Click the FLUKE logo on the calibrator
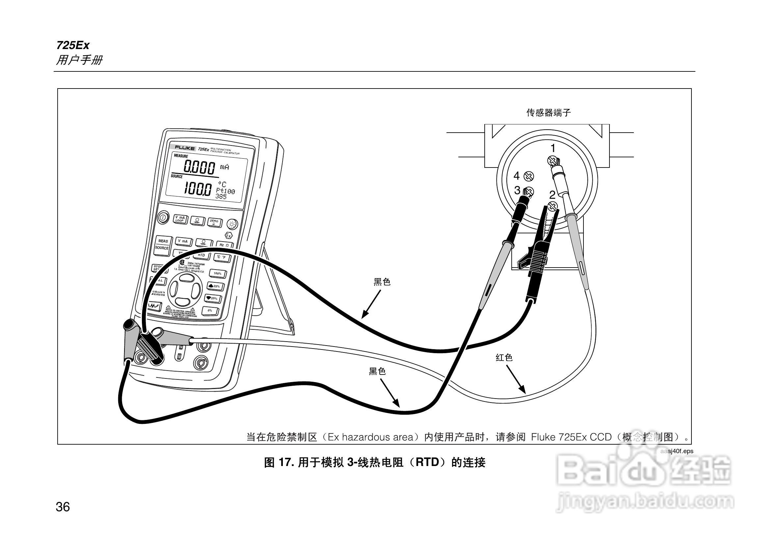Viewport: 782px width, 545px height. click(185, 148)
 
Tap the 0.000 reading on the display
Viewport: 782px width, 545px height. click(199, 167)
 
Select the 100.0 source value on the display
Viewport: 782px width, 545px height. click(198, 188)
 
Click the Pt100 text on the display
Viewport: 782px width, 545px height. click(226, 191)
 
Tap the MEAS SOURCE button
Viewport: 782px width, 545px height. click(162, 245)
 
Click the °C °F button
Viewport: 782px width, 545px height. click(222, 257)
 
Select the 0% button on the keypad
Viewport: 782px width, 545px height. click(210, 310)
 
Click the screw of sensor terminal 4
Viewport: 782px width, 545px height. click(528, 176)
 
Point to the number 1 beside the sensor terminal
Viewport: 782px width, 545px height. click(553, 148)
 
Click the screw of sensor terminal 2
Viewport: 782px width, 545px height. click(553, 206)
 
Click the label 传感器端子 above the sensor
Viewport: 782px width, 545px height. click(548, 113)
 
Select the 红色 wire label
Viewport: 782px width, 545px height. click(504, 357)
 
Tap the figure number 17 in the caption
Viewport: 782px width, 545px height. click(283, 462)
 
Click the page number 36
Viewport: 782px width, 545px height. click(63, 507)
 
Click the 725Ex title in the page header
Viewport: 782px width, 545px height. click(73, 45)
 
